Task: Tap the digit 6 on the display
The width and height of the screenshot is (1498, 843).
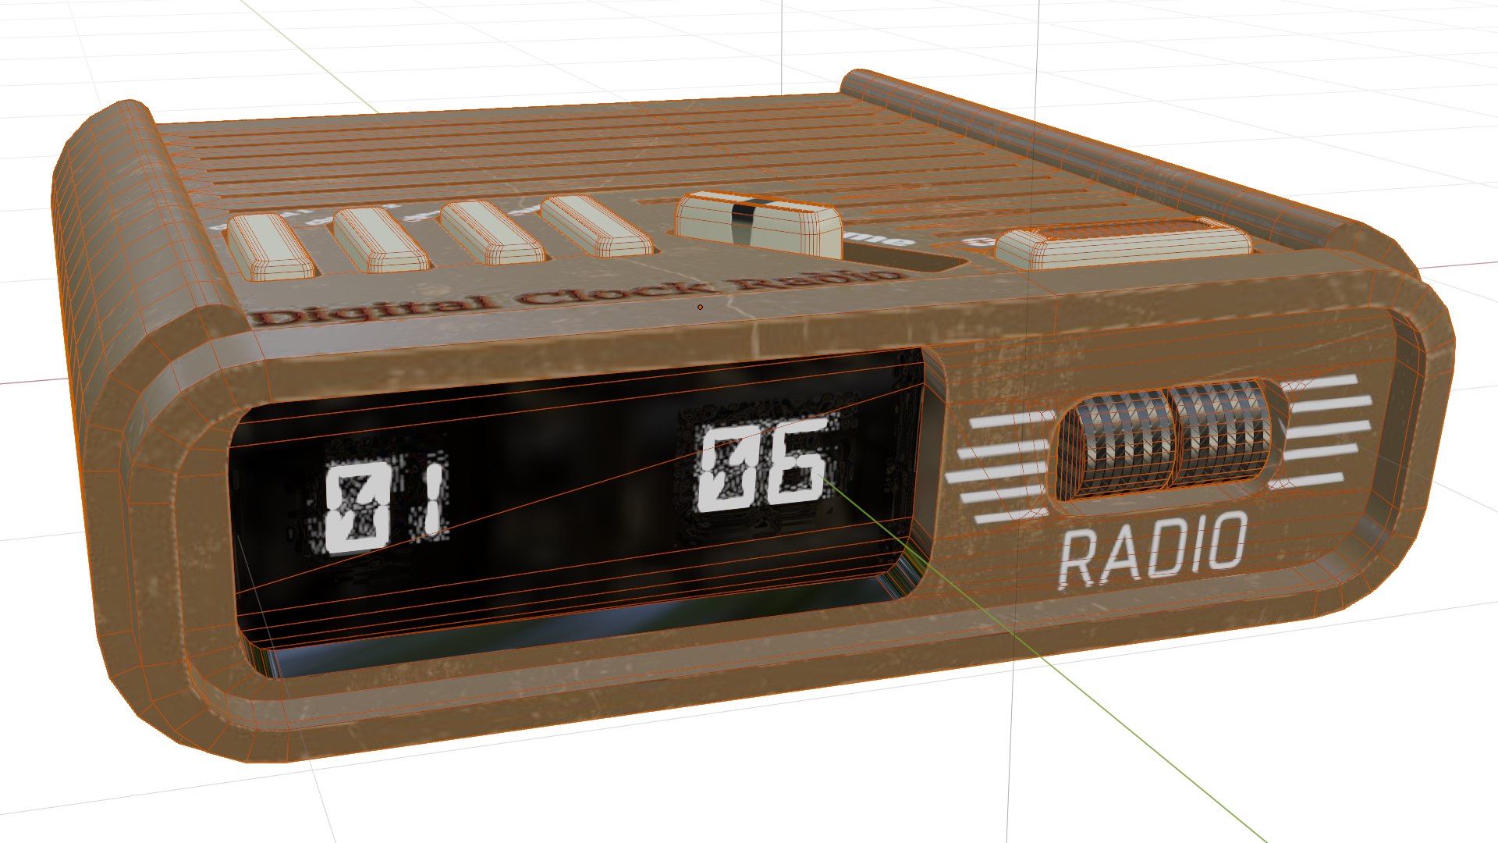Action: pos(796,464)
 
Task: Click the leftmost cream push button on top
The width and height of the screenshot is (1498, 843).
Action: pos(271,245)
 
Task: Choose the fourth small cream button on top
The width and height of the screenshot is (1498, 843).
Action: pos(597,226)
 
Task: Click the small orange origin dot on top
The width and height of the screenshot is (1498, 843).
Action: pos(700,307)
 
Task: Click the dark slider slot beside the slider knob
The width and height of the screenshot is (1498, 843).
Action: pos(897,258)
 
